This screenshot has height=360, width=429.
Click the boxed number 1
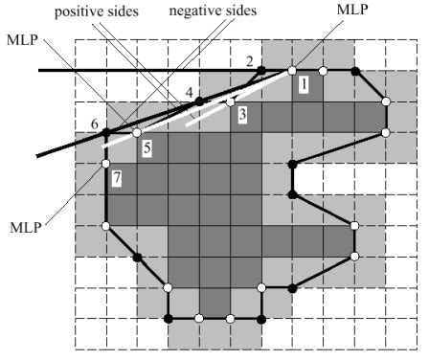(x=303, y=85)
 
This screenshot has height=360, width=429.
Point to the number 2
(x=250, y=62)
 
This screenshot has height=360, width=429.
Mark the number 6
(x=94, y=124)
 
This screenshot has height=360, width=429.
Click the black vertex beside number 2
(x=260, y=71)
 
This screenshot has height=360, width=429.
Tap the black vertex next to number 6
(x=106, y=132)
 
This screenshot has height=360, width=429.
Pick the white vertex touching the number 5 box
(x=136, y=132)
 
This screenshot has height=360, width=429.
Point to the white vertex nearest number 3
(x=230, y=101)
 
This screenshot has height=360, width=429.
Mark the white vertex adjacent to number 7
(x=106, y=164)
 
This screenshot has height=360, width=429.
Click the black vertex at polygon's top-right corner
(x=355, y=71)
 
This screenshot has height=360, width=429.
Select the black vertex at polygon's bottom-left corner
(x=169, y=318)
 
